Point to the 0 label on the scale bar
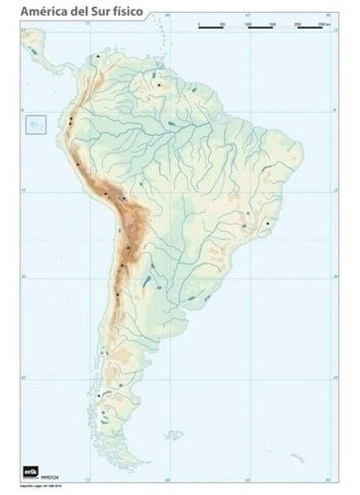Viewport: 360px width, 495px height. [198, 25]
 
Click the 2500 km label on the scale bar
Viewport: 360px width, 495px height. [324, 25]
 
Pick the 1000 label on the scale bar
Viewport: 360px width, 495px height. [248, 25]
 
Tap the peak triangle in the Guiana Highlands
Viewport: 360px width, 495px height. [159, 85]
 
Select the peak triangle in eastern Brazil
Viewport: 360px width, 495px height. [268, 223]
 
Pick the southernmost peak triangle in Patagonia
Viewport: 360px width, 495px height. [98, 395]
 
